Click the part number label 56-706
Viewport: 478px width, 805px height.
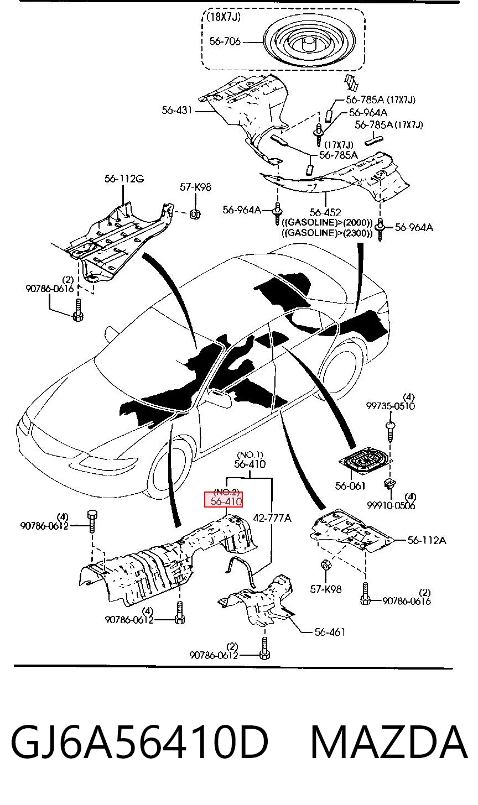225,41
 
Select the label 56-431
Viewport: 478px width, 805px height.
176,111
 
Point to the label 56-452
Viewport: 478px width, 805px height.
325,212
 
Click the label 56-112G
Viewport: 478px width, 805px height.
124,179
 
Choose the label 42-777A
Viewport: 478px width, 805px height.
272,518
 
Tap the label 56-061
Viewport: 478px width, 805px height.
350,485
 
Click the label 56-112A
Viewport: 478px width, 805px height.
427,540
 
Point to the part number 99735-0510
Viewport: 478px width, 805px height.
391,406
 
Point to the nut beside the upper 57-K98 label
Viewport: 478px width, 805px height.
195,215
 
